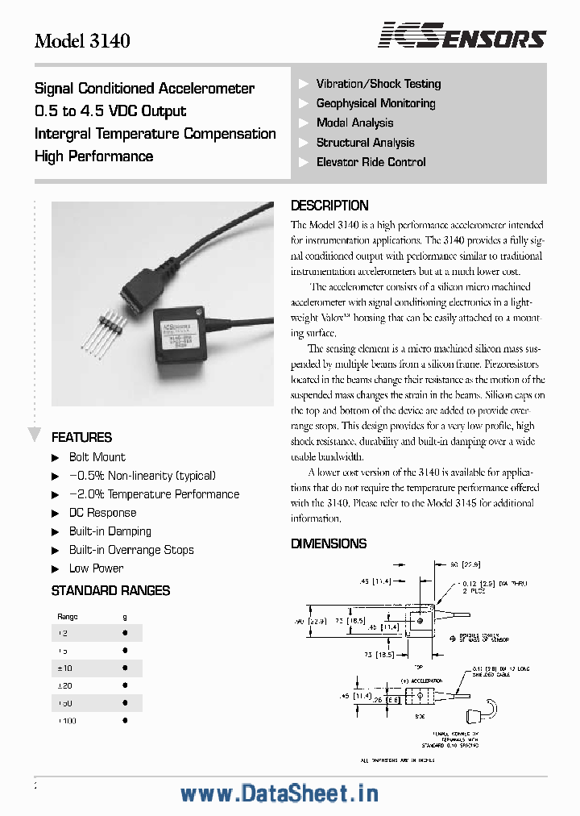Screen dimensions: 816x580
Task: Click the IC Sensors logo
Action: click(462, 36)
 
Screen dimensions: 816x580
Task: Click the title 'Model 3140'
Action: click(82, 40)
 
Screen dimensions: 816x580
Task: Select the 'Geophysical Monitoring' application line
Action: click(375, 103)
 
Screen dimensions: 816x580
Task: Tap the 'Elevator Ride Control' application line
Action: click(371, 162)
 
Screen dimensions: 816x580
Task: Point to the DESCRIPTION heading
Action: click(329, 206)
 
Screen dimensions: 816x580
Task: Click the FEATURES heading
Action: click(81, 438)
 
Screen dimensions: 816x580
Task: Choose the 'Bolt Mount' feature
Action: click(97, 457)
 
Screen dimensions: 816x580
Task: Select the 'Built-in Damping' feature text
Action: click(110, 531)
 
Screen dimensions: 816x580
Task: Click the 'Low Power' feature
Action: click(96, 568)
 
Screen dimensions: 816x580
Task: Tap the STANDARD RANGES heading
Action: click(110, 591)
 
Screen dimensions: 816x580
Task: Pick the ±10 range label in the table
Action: click(64, 668)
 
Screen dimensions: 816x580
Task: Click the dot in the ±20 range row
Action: click(124, 686)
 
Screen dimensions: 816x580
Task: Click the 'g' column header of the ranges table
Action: click(124, 616)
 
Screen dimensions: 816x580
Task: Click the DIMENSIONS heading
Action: click(329, 544)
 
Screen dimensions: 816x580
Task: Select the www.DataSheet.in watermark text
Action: click(279, 793)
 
